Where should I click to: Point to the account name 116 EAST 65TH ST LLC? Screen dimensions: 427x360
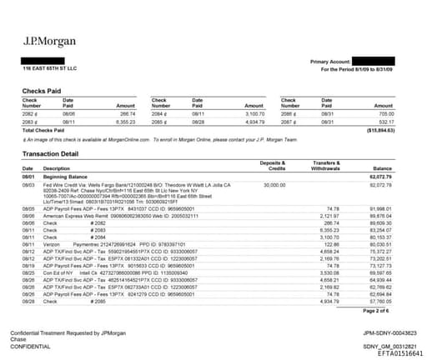[x=48, y=69]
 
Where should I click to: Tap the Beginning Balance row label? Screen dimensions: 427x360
[x=66, y=177]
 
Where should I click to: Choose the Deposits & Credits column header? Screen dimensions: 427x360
[x=271, y=165]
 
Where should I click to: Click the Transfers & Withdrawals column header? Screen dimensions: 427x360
[x=324, y=165]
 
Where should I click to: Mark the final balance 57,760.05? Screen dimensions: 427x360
[x=383, y=301]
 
